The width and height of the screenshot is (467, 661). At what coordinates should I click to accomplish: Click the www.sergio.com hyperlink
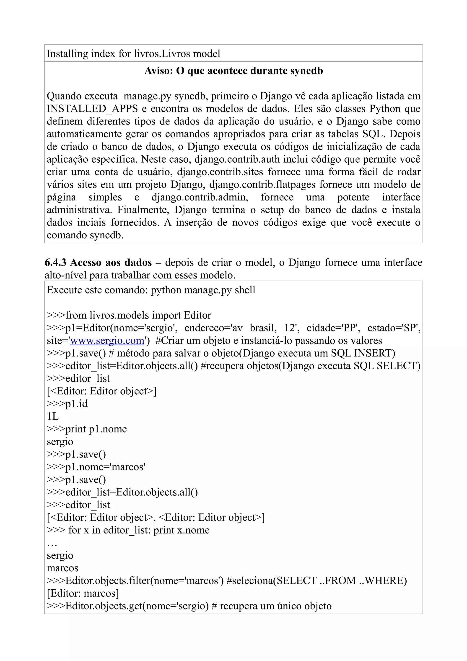[x=107, y=341]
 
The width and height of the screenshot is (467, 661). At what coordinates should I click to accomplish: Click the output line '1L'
[x=53, y=416]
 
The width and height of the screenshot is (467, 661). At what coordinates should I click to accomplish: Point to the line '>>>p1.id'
[x=67, y=404]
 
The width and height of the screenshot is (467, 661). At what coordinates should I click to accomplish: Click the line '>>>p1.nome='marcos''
[x=96, y=467]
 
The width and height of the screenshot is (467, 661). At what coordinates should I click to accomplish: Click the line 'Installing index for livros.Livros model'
[x=134, y=54]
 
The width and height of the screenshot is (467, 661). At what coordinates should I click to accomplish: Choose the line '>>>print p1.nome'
[x=87, y=429]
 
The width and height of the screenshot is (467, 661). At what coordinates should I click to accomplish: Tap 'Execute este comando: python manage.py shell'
[x=151, y=290]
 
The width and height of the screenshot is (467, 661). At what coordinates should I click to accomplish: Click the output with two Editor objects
[x=156, y=517]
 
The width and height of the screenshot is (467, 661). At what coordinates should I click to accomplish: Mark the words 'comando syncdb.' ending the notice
[x=85, y=235]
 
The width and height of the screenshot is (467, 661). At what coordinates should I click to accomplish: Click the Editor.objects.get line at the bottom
[x=189, y=606]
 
